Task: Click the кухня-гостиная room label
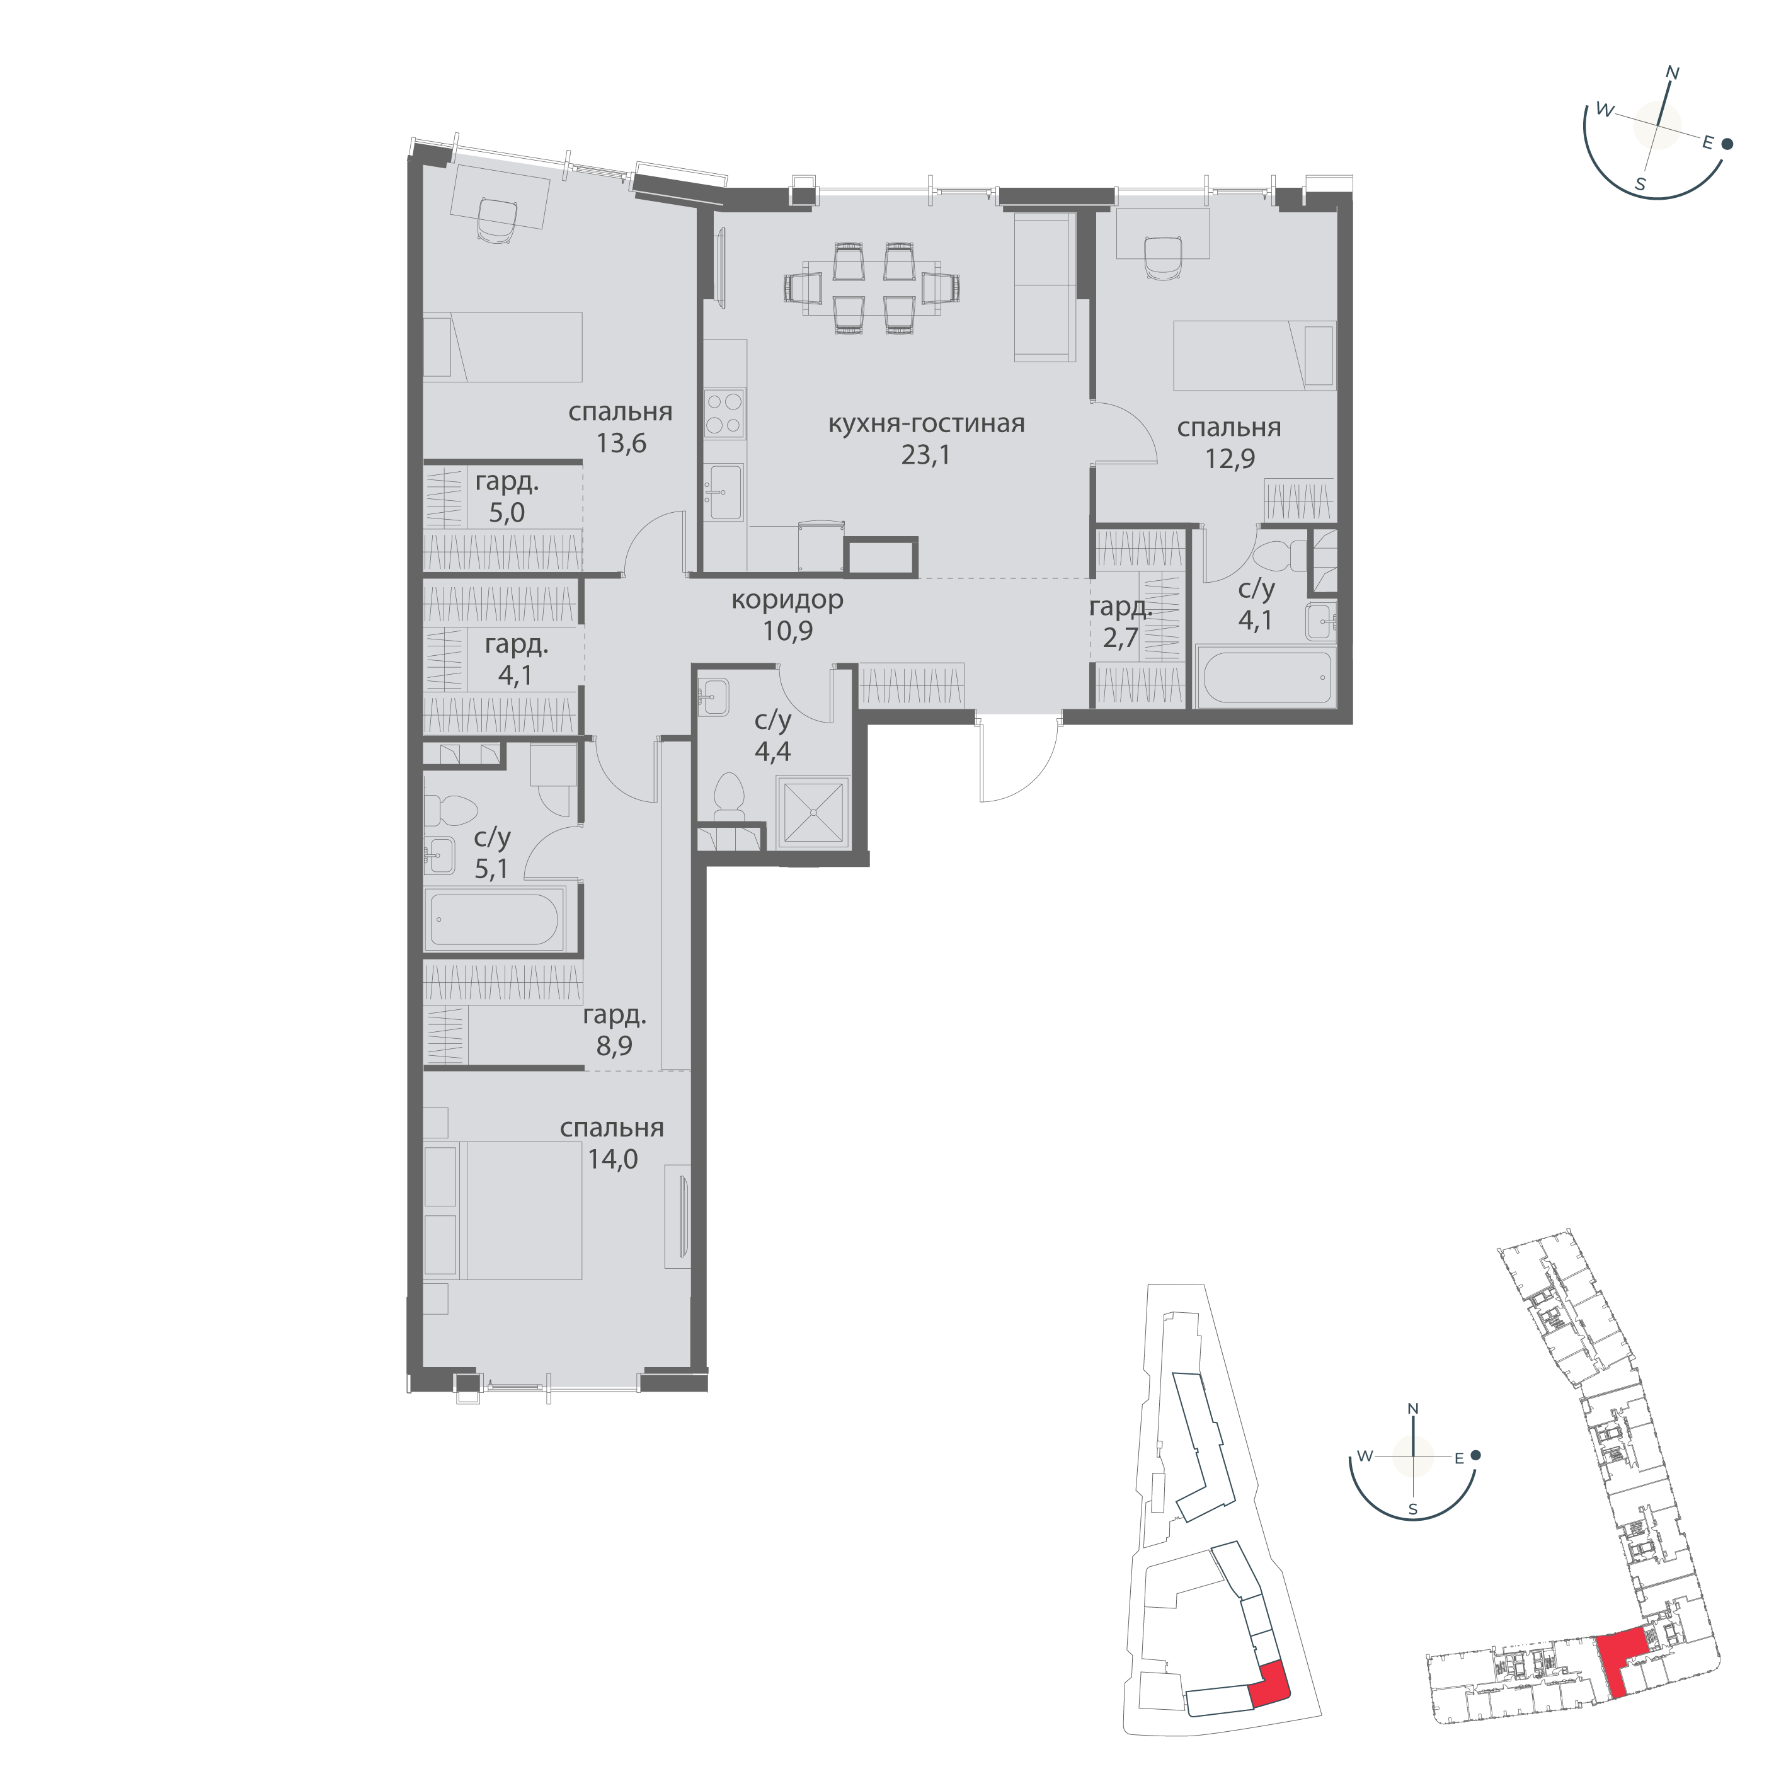pyautogui.click(x=926, y=425)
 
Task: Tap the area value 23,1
pyautogui.click(x=926, y=455)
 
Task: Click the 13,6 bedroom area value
pyautogui.click(x=621, y=443)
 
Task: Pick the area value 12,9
pyautogui.click(x=1230, y=459)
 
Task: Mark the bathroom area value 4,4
pyautogui.click(x=773, y=751)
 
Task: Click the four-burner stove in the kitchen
pyautogui.click(x=724, y=413)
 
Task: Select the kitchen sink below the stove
pyautogui.click(x=724, y=493)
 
